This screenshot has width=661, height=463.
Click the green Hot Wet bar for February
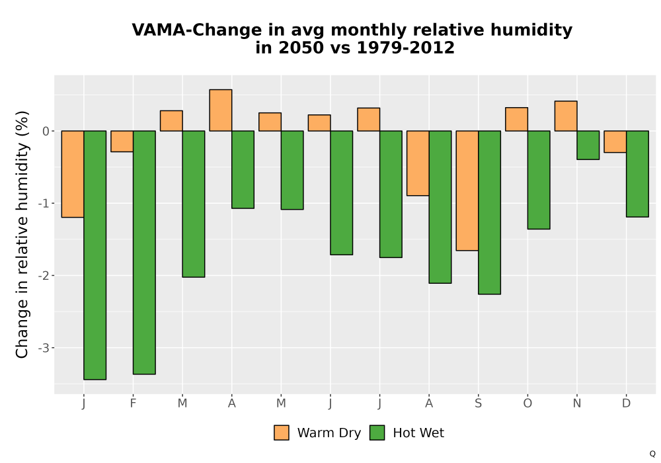pos(144,252)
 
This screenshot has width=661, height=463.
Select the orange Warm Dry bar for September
pos(467,190)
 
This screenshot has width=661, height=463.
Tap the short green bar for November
pos(588,145)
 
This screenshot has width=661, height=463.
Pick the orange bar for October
pos(516,119)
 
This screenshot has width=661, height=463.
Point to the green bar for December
pos(637,174)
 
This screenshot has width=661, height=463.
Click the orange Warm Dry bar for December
pos(615,142)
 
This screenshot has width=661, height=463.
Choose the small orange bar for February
pos(122,142)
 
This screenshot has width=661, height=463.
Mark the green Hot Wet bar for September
pos(489,212)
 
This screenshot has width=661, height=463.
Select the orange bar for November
pos(566,116)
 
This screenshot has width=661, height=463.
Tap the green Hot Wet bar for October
pos(539,180)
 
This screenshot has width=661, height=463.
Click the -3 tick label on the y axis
pos(44,349)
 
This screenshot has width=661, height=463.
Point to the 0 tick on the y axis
pos(46,131)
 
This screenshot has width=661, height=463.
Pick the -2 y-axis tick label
pos(44,276)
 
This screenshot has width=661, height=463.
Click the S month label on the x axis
pos(478,403)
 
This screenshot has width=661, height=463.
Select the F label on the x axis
pos(134,403)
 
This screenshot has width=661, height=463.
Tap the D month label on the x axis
pos(627,403)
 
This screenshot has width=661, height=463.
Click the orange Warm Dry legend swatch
pos(282,433)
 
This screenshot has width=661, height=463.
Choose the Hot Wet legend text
pos(418,433)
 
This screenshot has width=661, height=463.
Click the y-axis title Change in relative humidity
pos(22,234)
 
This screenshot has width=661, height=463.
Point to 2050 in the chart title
pos(302,48)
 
